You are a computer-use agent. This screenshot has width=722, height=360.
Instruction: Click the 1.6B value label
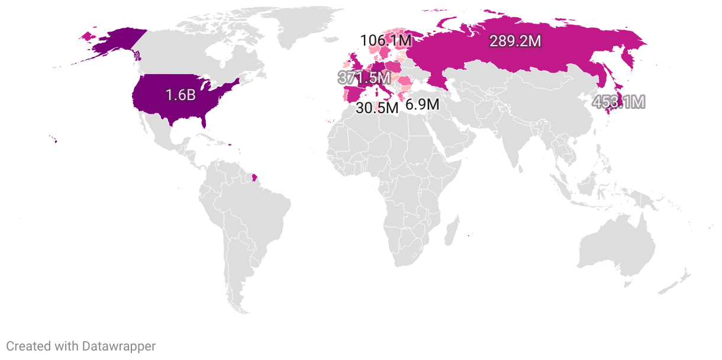180,94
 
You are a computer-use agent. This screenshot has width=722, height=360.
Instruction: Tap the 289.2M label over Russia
515,41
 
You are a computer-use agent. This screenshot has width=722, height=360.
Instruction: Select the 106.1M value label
385,41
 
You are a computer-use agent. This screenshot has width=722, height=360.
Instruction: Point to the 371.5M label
364,78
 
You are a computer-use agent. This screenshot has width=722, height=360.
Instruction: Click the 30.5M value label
377,108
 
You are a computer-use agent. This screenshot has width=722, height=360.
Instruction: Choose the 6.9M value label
422,105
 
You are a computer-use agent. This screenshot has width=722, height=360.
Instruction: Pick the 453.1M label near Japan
619,102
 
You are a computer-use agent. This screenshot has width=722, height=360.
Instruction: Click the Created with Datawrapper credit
81,346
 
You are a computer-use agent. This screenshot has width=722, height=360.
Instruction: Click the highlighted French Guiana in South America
254,176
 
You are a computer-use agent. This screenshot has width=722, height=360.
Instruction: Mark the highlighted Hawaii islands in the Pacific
53,140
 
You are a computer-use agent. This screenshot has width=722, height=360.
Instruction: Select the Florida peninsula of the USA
204,122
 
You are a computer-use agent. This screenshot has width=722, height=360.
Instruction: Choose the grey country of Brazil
260,207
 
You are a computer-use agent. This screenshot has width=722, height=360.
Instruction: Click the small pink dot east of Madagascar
469,236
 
